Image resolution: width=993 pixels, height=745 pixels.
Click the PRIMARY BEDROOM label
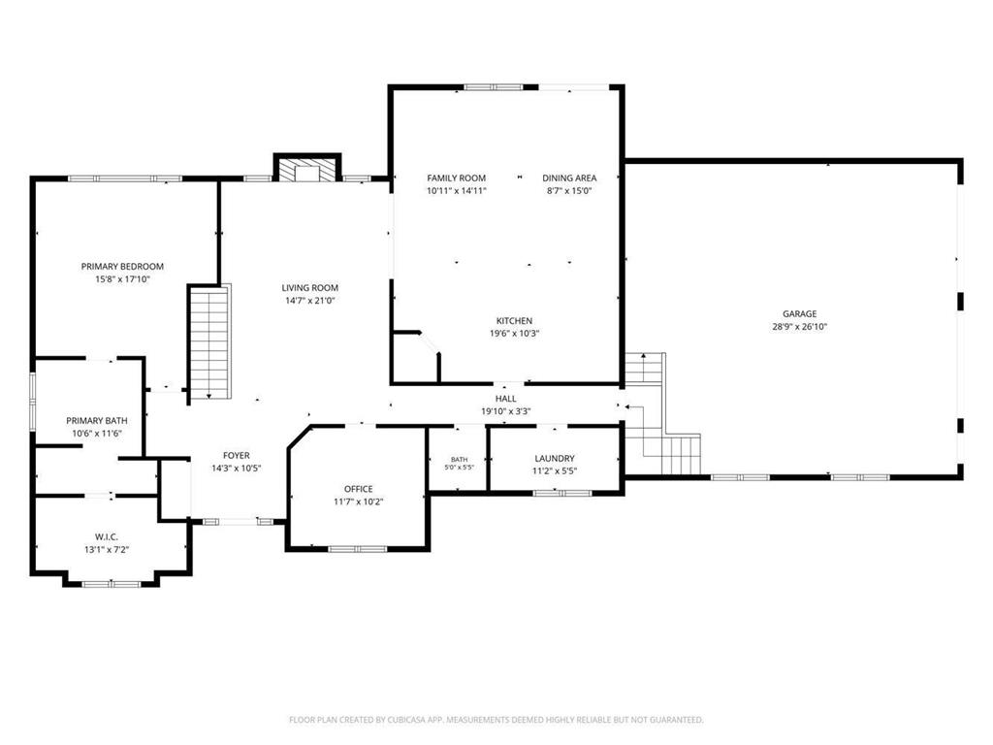click(x=122, y=267)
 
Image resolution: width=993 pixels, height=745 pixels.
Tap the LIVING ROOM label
click(x=309, y=287)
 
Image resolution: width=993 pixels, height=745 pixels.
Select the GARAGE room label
click(x=799, y=313)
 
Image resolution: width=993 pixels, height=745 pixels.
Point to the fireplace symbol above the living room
click(x=307, y=169)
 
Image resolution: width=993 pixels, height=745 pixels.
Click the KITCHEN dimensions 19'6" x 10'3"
click(x=514, y=334)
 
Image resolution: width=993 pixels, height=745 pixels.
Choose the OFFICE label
click(x=359, y=489)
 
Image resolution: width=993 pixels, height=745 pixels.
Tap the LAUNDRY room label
click(x=555, y=458)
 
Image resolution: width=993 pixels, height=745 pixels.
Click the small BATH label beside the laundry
click(x=459, y=459)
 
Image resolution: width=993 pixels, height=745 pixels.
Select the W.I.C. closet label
click(x=107, y=537)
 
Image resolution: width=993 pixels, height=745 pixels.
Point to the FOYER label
click(x=237, y=456)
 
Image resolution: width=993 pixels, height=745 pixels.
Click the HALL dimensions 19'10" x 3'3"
click(x=505, y=411)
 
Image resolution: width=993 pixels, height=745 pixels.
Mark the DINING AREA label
click(x=569, y=178)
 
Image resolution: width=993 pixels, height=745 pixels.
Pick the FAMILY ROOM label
click(x=456, y=178)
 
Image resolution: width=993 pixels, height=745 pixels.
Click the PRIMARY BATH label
click(x=97, y=421)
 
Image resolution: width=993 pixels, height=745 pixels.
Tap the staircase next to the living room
click(x=210, y=342)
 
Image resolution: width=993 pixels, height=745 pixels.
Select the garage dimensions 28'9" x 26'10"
click(x=799, y=327)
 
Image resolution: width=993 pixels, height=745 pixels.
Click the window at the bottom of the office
click(x=358, y=549)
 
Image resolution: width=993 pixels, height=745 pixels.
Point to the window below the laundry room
click(x=562, y=493)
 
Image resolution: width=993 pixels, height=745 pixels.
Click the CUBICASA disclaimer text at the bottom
click(x=496, y=720)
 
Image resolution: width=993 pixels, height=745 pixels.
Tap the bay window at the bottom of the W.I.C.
click(x=112, y=584)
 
